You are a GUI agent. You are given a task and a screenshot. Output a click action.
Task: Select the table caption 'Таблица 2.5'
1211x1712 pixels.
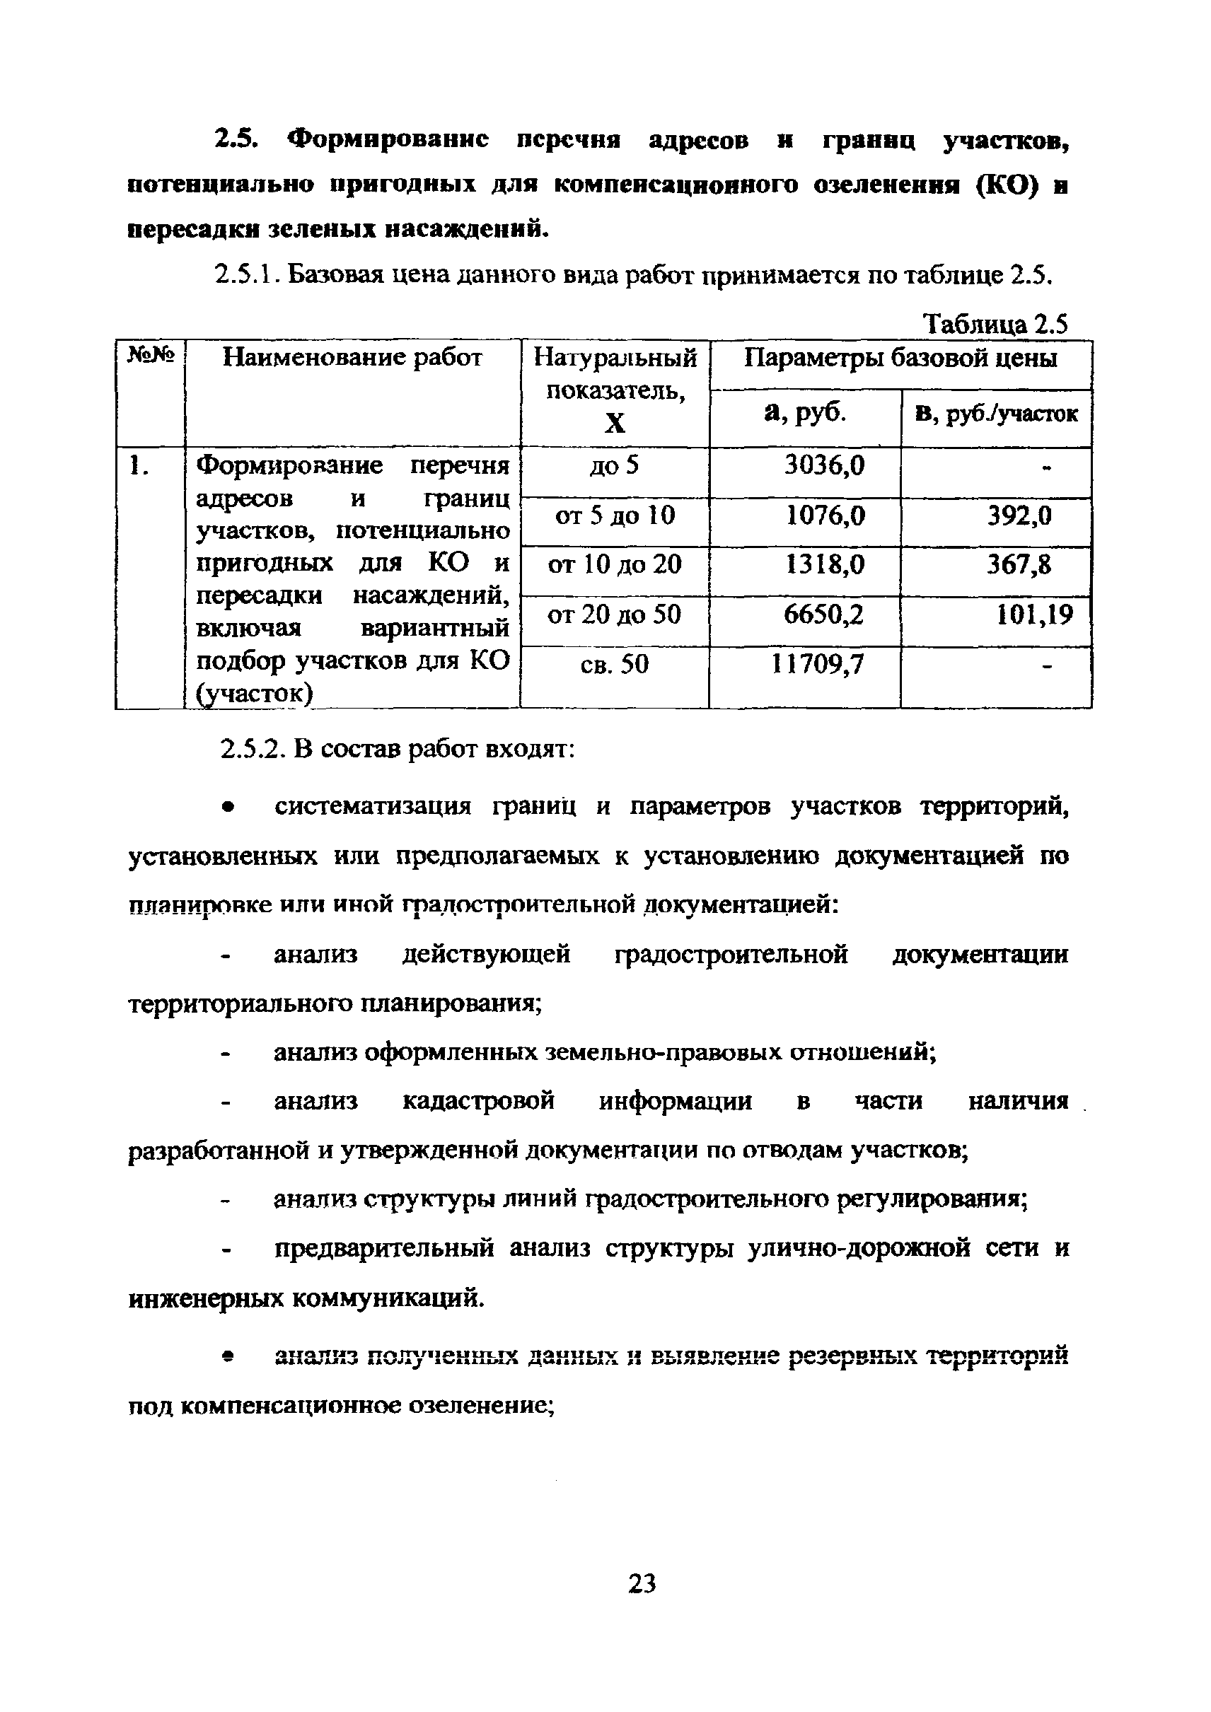[995, 325]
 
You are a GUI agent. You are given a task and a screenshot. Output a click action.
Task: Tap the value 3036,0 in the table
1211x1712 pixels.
[825, 466]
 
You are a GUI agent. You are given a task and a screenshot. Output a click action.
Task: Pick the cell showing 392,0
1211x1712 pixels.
[1019, 516]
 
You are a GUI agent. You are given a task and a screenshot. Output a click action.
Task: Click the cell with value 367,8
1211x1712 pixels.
[1019, 564]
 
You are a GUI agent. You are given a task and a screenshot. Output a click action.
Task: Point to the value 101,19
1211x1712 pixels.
[1034, 615]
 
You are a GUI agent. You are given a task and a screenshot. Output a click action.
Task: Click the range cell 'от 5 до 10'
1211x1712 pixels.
[615, 516]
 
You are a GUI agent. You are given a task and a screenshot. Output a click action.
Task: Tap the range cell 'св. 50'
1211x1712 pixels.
[615, 663]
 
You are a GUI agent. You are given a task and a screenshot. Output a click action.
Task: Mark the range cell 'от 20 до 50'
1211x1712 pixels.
[615, 615]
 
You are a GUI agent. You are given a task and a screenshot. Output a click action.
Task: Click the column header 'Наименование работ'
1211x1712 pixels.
[353, 359]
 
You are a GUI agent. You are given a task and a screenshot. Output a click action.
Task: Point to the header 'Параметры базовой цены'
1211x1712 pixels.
[900, 359]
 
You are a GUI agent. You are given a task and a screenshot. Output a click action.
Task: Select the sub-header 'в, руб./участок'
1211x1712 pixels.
[996, 414]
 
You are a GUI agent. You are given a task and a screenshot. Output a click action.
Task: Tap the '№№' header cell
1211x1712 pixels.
[151, 355]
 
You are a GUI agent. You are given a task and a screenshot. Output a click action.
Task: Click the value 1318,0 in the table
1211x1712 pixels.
[825, 564]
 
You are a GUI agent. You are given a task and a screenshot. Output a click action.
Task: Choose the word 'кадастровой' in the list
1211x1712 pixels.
[478, 1101]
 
